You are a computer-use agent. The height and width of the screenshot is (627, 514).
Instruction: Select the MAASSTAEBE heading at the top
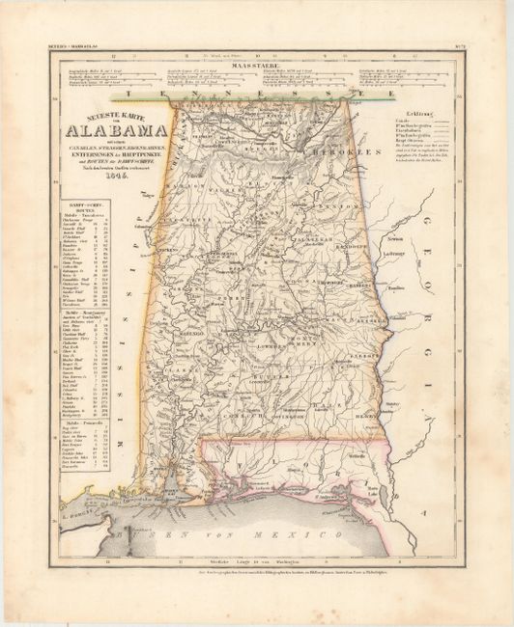(x=256, y=66)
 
